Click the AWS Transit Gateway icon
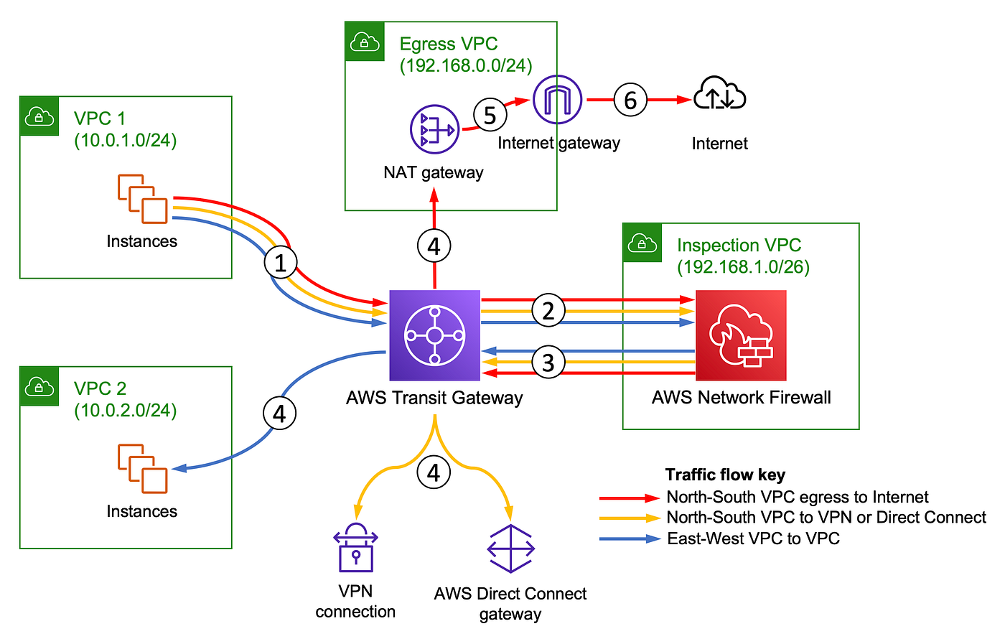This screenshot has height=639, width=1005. (434, 335)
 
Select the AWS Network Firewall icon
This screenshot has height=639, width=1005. (741, 335)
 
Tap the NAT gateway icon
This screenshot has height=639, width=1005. (434, 129)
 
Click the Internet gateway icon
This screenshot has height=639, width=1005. (557, 99)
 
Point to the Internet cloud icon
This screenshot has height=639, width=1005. (719, 93)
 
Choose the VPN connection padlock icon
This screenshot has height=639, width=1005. (355, 547)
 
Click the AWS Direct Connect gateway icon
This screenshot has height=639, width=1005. (510, 549)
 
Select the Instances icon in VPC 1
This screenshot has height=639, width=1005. (143, 199)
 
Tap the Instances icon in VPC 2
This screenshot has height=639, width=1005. (143, 468)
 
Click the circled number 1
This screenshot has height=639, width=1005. (281, 263)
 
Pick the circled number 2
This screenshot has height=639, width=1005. (548, 310)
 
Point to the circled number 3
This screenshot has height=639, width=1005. (548, 362)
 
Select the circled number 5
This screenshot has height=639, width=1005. (490, 115)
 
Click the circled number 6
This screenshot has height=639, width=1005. (630, 100)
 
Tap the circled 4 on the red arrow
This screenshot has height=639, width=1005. (434, 246)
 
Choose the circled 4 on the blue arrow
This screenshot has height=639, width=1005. (279, 414)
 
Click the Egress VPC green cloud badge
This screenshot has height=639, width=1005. (365, 42)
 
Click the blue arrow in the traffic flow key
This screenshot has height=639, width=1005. (630, 539)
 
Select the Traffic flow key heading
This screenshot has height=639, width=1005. (725, 475)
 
